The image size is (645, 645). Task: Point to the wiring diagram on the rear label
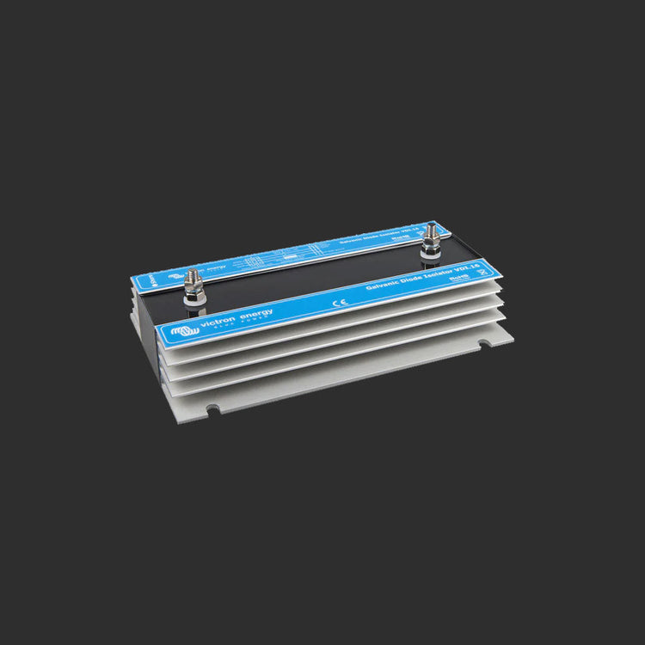coord(284,260)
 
